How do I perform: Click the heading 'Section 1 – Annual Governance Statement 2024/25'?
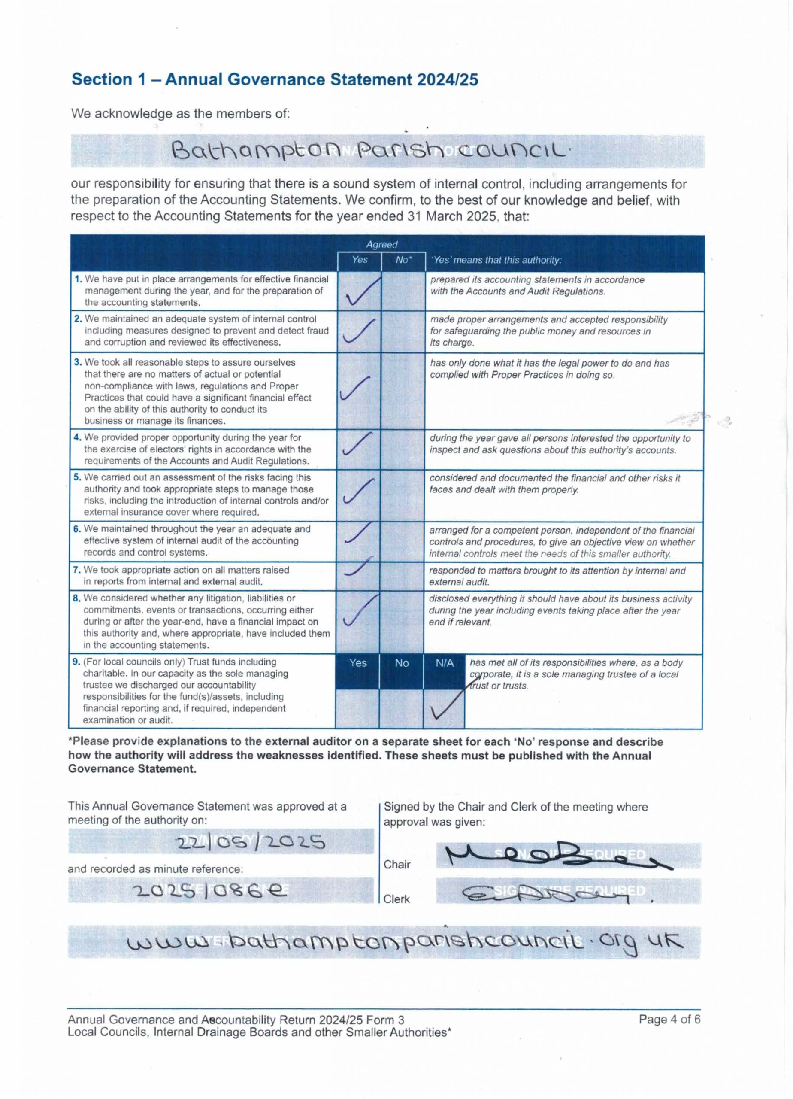point(275,79)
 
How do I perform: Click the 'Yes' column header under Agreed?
point(360,260)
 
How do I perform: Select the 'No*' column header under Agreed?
point(403,260)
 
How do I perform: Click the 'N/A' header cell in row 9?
point(444,663)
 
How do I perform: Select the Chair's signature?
point(557,857)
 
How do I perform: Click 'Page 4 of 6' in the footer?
point(669,1019)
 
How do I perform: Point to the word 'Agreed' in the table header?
point(382,245)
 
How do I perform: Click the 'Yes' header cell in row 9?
point(357,663)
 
